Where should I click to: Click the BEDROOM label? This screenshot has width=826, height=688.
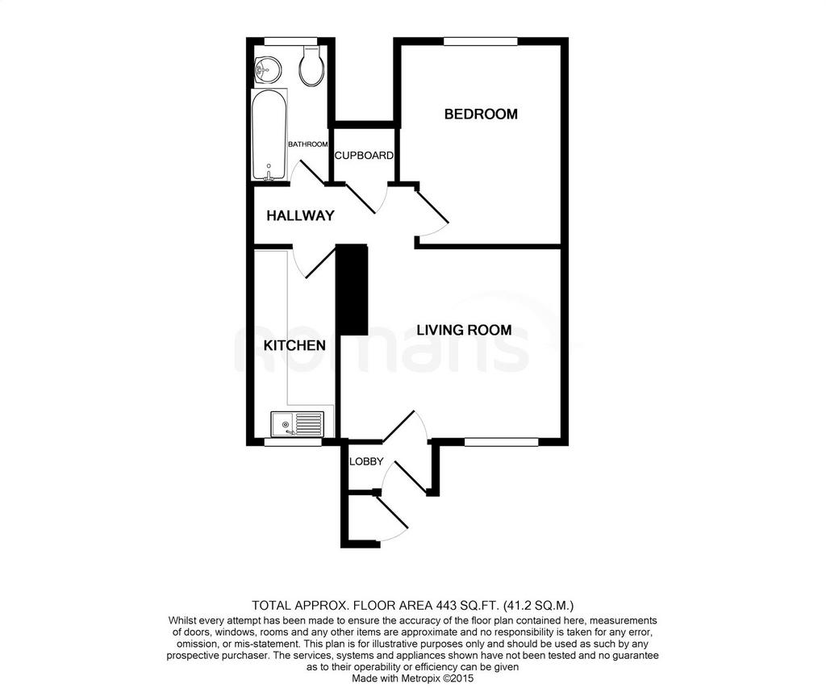click(x=481, y=114)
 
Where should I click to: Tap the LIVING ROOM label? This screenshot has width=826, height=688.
click(x=464, y=330)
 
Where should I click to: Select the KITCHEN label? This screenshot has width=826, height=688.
click(x=294, y=345)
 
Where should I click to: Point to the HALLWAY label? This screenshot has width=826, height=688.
click(x=300, y=215)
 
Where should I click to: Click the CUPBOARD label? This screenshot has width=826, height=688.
click(x=364, y=156)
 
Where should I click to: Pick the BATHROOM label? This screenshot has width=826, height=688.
click(x=308, y=144)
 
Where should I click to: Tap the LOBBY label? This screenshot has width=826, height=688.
click(x=366, y=461)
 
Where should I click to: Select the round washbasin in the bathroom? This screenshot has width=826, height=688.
click(x=267, y=70)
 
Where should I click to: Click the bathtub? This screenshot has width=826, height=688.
click(x=269, y=136)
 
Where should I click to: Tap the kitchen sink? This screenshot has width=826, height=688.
click(x=298, y=423)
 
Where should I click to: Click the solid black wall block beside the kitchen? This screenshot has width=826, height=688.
click(x=352, y=289)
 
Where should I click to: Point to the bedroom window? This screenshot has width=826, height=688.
click(x=481, y=41)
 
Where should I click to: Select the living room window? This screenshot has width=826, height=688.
click(x=501, y=442)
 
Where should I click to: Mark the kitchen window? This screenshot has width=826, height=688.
click(x=292, y=443)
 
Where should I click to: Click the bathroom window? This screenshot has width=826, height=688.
click(x=290, y=41)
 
